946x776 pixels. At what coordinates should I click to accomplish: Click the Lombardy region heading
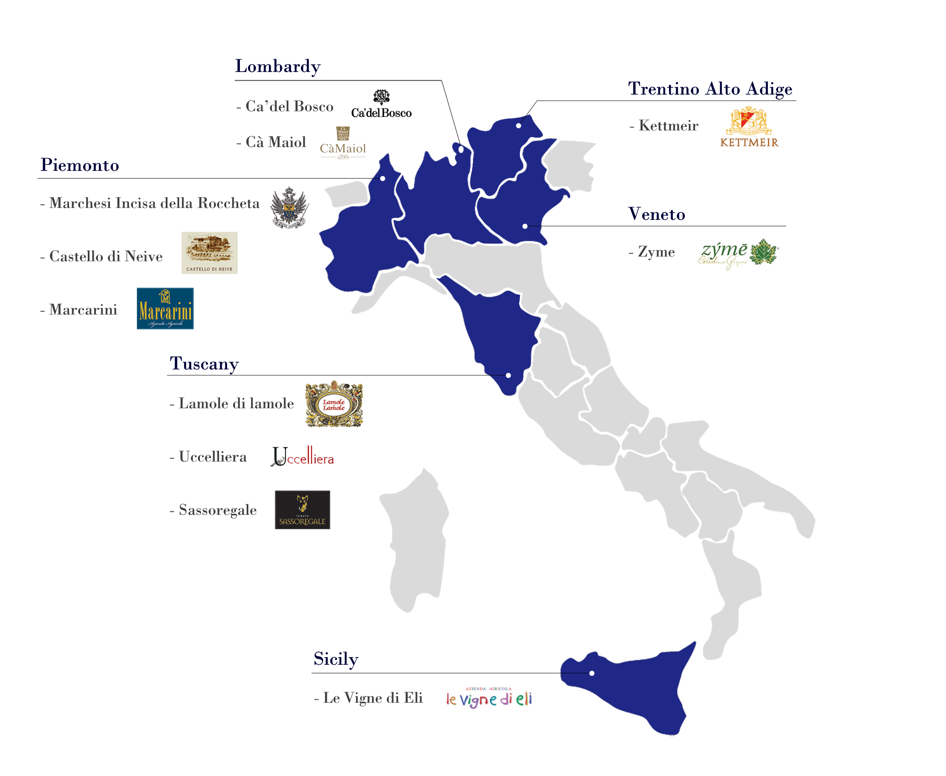[278, 66]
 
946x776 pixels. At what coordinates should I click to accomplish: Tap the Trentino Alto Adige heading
[709, 89]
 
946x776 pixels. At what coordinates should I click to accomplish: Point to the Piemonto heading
[80, 165]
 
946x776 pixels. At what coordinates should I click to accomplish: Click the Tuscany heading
[204, 363]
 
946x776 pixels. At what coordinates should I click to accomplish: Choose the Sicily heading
[336, 659]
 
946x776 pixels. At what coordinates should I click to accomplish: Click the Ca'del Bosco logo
[381, 104]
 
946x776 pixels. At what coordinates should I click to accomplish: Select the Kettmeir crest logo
[749, 127]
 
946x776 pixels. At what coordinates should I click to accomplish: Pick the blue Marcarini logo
[165, 309]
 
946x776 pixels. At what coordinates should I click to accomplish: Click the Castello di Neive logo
[209, 253]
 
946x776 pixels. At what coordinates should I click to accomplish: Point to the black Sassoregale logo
[302, 510]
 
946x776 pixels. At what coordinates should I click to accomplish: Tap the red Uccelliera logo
[303, 456]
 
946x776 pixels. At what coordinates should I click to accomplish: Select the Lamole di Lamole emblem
[334, 404]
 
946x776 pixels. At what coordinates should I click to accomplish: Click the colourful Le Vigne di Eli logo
[489, 697]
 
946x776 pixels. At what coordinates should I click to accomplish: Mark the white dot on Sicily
[591, 673]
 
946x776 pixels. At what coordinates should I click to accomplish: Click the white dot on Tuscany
[508, 375]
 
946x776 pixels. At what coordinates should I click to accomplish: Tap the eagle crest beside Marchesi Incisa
[290, 208]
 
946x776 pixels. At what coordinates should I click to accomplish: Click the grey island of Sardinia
[416, 541]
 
